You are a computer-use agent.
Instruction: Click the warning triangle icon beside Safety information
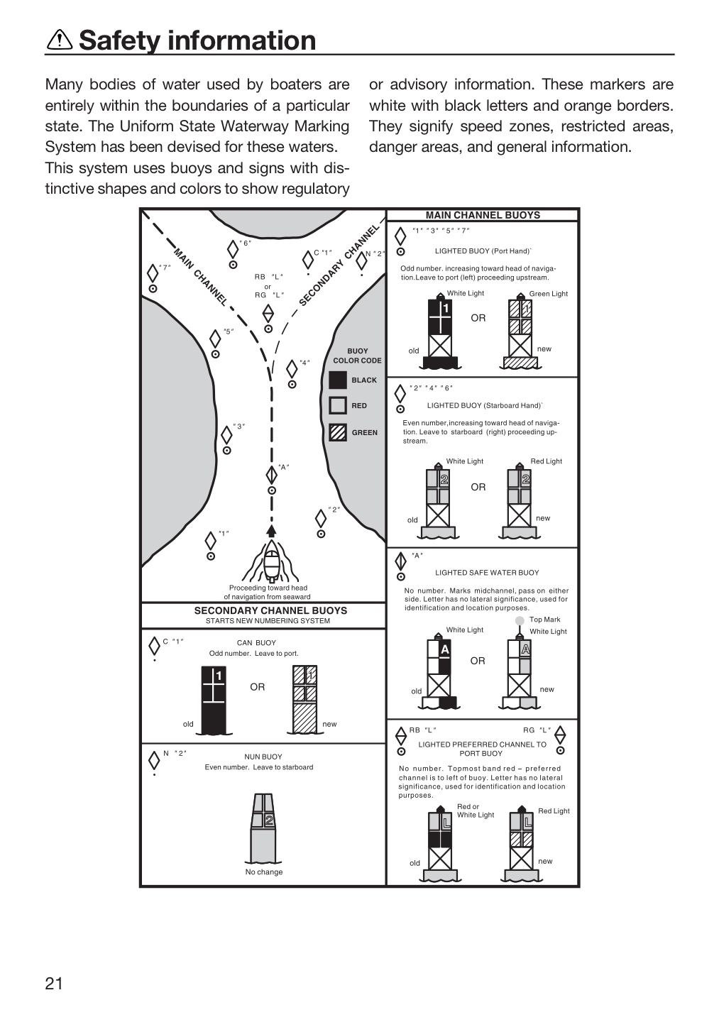click(60, 40)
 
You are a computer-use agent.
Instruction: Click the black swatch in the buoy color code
click(338, 380)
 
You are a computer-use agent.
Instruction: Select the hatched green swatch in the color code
click(338, 432)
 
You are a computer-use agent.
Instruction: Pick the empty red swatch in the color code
click(338, 406)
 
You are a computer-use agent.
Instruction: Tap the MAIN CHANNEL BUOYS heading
click(483, 215)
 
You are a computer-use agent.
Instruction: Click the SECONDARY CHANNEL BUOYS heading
click(270, 610)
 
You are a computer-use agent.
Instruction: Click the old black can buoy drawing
click(213, 700)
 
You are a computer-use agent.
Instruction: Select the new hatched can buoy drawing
click(304, 700)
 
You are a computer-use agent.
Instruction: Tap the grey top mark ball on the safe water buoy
click(519, 620)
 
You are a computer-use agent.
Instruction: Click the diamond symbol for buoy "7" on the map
click(153, 273)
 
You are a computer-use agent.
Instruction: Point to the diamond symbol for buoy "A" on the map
click(271, 475)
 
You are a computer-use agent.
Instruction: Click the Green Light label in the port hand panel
click(549, 294)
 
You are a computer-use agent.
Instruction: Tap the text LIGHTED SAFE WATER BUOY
click(487, 573)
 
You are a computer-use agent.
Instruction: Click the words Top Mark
click(544, 620)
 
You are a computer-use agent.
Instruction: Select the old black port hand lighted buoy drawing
click(440, 331)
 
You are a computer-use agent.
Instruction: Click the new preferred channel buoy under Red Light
click(521, 844)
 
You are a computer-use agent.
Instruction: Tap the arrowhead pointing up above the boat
click(271, 531)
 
